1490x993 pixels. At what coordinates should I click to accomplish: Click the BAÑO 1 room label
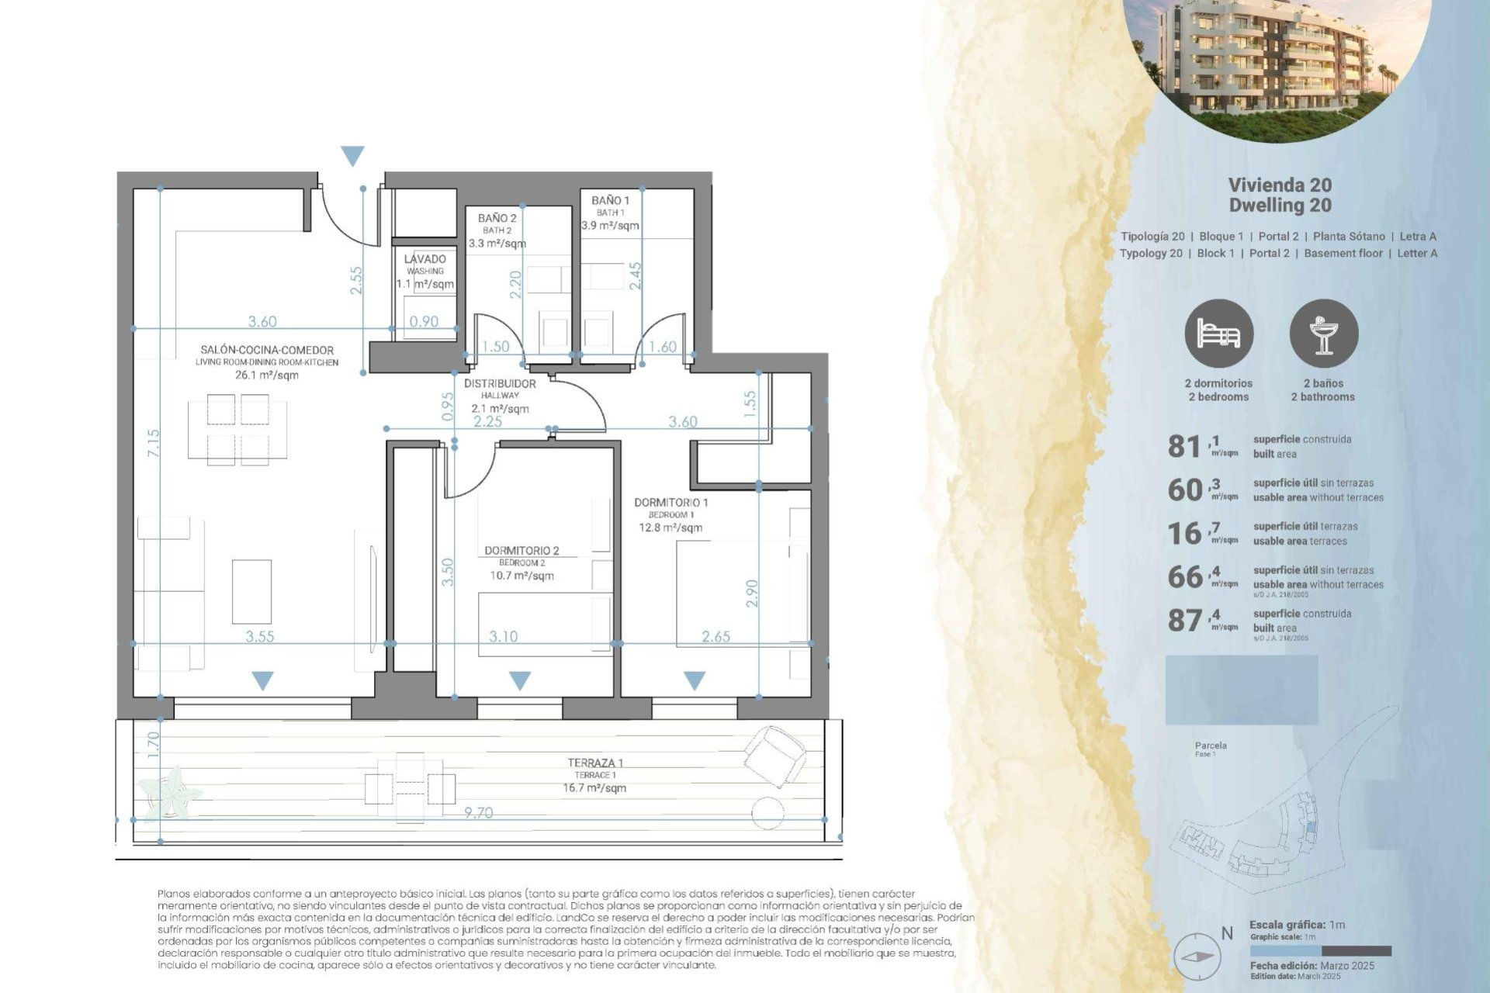point(610,201)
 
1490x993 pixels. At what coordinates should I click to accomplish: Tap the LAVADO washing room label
point(424,259)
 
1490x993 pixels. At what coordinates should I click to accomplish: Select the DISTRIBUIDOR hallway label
point(500,384)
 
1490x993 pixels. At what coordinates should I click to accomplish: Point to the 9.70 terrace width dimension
point(478,813)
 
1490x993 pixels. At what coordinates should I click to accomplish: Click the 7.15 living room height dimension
point(154,443)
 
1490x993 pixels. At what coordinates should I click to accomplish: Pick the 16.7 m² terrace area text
point(594,788)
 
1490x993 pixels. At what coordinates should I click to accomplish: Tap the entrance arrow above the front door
point(352,156)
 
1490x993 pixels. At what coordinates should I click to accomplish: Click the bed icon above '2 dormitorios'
point(1218,334)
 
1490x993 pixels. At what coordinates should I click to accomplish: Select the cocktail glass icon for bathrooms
point(1323,334)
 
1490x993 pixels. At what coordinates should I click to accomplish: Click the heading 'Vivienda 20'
point(1280,185)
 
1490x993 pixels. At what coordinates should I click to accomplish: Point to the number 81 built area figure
point(1184,447)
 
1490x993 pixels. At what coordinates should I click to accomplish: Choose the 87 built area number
point(1184,621)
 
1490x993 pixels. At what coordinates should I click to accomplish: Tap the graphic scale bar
point(1320,951)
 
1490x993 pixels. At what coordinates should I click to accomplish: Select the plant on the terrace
point(171,792)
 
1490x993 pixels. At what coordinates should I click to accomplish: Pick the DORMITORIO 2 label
point(521,551)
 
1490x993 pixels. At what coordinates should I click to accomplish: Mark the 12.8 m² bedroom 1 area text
point(670,528)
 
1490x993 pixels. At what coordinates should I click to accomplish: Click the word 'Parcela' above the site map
point(1211,746)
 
